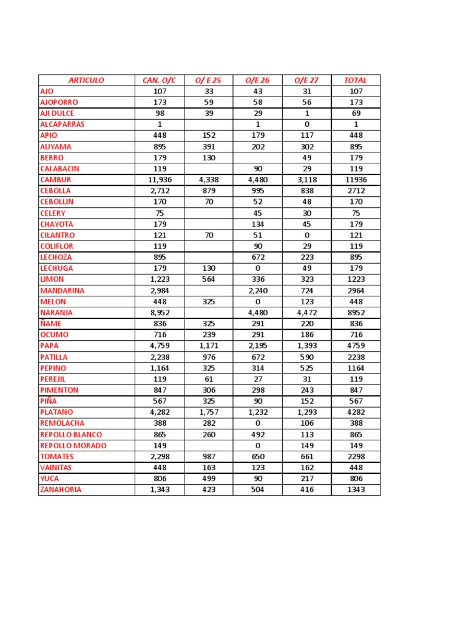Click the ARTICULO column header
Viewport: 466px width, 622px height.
pyautogui.click(x=86, y=80)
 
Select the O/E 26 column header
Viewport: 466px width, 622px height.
pyautogui.click(x=257, y=80)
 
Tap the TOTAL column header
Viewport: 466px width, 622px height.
pyautogui.click(x=356, y=80)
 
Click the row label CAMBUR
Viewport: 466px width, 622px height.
pyautogui.click(x=56, y=180)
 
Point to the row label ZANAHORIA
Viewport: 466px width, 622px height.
pyautogui.click(x=61, y=490)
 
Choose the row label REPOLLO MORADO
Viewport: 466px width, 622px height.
pyautogui.click(x=73, y=445)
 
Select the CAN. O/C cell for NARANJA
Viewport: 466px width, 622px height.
pyautogui.click(x=159, y=313)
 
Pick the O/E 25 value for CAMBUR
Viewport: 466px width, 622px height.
pyautogui.click(x=208, y=180)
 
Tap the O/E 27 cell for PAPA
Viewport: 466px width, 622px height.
pyautogui.click(x=306, y=346)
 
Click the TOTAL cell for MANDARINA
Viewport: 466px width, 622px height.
pyautogui.click(x=356, y=290)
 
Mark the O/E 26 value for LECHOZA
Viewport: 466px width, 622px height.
pyautogui.click(x=257, y=258)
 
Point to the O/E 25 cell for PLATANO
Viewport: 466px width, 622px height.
pyautogui.click(x=208, y=412)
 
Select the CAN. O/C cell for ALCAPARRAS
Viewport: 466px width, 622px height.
pyautogui.click(x=159, y=125)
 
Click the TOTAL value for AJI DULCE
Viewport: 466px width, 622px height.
pyautogui.click(x=356, y=114)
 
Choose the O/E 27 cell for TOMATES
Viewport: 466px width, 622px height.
pyautogui.click(x=306, y=457)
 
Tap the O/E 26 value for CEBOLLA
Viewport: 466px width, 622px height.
pyautogui.click(x=257, y=191)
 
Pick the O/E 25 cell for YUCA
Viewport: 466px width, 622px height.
pyautogui.click(x=208, y=479)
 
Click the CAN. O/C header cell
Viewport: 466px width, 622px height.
pyautogui.click(x=159, y=80)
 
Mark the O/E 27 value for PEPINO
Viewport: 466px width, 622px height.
pyautogui.click(x=306, y=368)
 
